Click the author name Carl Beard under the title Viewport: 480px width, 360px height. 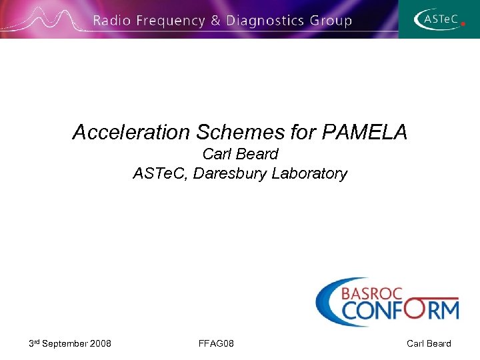tap(240, 154)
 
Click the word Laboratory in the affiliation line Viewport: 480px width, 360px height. tap(310, 174)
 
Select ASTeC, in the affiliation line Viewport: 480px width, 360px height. tap(160, 174)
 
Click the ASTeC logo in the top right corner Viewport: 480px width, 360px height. tap(439, 19)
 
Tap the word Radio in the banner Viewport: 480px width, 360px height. tap(112, 21)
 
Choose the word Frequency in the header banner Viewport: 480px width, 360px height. tap(171, 21)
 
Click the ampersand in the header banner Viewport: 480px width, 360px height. tap(216, 21)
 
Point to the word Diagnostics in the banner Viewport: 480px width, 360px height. tap(265, 21)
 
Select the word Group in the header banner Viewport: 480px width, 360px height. tap(330, 21)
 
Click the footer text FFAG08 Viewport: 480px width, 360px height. tap(216, 343)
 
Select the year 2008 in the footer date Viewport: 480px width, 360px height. tap(100, 343)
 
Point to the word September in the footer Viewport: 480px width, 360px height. tap(65, 343)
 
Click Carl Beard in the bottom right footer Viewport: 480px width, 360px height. tap(429, 343)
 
